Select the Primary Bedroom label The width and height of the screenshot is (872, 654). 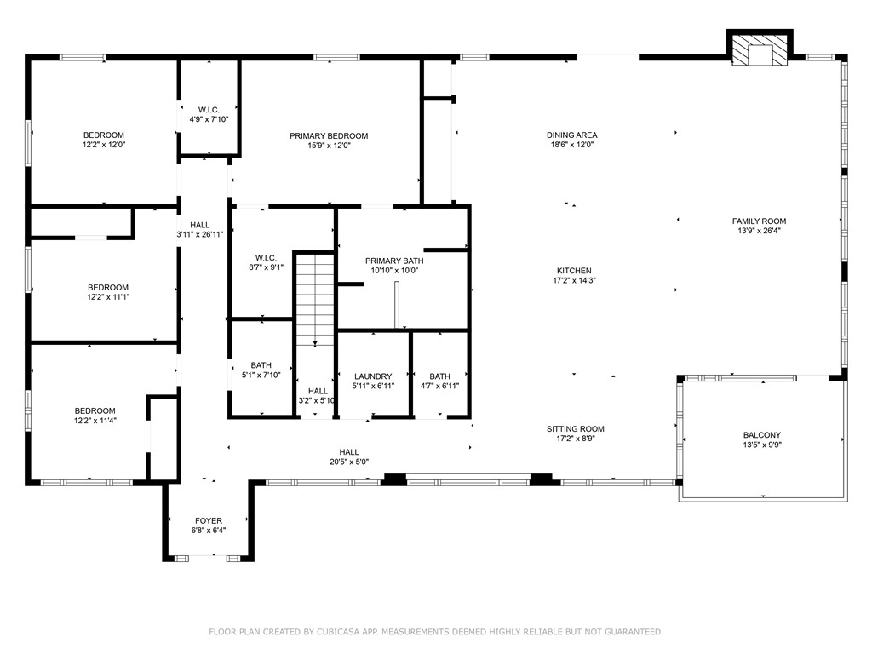coord(329,136)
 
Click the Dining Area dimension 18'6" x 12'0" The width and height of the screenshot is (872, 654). coord(571,146)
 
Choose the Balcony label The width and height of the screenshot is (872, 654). coord(761,435)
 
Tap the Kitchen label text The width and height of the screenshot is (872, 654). coord(571,271)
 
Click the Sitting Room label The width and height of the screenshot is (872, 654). coord(575,429)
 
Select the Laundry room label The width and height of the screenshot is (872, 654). coord(373,376)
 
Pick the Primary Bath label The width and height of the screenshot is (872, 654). coord(394,261)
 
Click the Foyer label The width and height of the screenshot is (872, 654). coord(209,520)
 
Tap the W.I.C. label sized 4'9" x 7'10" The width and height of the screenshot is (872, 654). coord(209,110)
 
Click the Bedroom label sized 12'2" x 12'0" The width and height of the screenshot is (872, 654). coord(104,135)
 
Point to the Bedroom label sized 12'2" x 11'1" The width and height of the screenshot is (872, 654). coord(108,287)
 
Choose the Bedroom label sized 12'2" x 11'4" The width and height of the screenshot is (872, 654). coord(95,410)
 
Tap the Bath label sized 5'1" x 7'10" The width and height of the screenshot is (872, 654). coord(261,365)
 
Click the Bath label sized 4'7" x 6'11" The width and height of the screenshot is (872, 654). coord(439,376)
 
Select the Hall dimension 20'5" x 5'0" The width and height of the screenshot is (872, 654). coord(349,462)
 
